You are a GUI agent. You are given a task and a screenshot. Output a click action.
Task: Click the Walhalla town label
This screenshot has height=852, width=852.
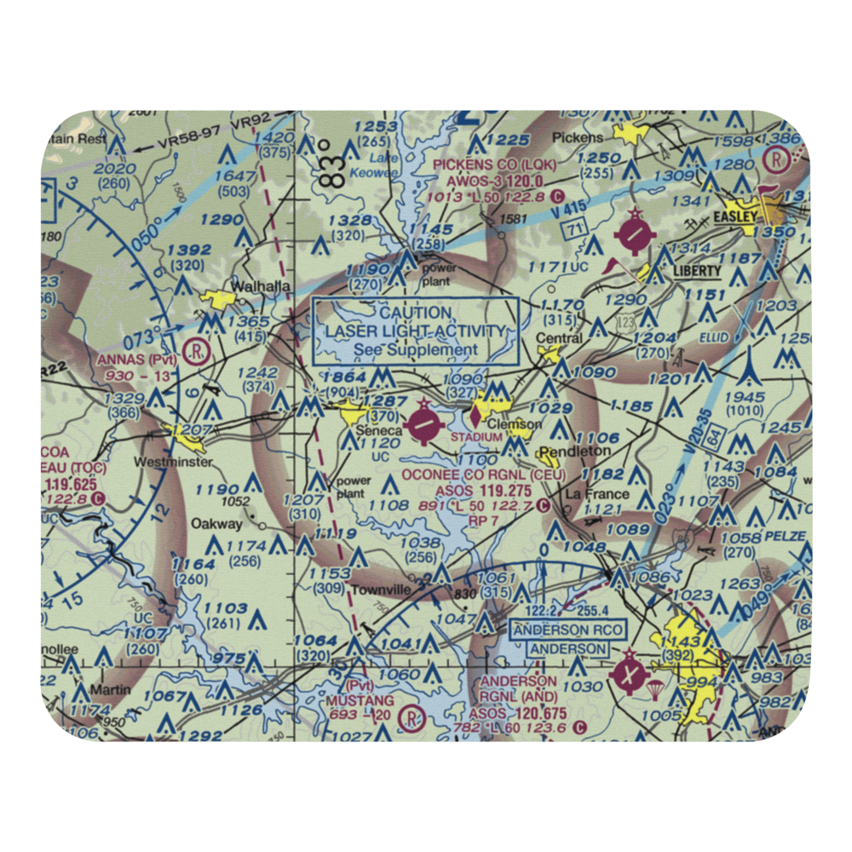click(x=262, y=286)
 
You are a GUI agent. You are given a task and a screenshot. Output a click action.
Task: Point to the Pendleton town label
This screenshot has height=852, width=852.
click(x=576, y=450)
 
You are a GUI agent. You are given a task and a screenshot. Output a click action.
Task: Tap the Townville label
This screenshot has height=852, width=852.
click(x=382, y=589)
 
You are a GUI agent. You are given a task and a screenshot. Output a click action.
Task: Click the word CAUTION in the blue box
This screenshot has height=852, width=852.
click(x=416, y=313)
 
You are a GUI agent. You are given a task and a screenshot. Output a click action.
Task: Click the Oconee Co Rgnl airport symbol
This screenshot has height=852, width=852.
click(x=423, y=423)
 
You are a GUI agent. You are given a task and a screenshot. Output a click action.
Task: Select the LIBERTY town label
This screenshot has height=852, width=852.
click(x=697, y=271)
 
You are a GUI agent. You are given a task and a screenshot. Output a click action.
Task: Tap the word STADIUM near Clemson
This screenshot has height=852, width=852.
click(x=476, y=438)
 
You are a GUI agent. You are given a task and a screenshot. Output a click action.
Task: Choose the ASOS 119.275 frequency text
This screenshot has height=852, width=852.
click(x=482, y=492)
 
